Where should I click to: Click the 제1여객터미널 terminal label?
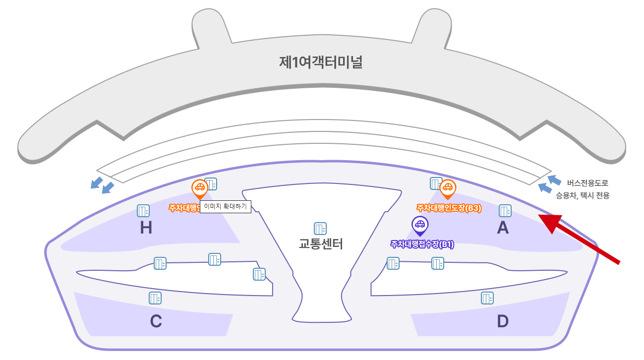[321, 62]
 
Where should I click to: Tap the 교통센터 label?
[321, 244]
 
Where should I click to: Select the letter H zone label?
[146, 228]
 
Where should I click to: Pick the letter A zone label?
[503, 228]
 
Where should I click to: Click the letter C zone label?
[156, 322]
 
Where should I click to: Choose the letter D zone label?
[503, 322]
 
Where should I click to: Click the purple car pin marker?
[419, 225]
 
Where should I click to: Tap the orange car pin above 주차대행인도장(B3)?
[448, 188]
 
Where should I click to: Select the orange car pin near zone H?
[199, 188]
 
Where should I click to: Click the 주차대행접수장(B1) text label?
[422, 244]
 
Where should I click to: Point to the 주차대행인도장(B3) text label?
[449, 208]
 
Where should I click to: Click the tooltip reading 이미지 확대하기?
[226, 207]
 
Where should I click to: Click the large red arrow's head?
[550, 222]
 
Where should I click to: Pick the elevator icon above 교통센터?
[320, 229]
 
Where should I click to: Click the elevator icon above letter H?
[143, 211]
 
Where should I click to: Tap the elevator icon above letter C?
[155, 298]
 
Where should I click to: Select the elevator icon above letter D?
[487, 298]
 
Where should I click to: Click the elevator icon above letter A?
[505, 211]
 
